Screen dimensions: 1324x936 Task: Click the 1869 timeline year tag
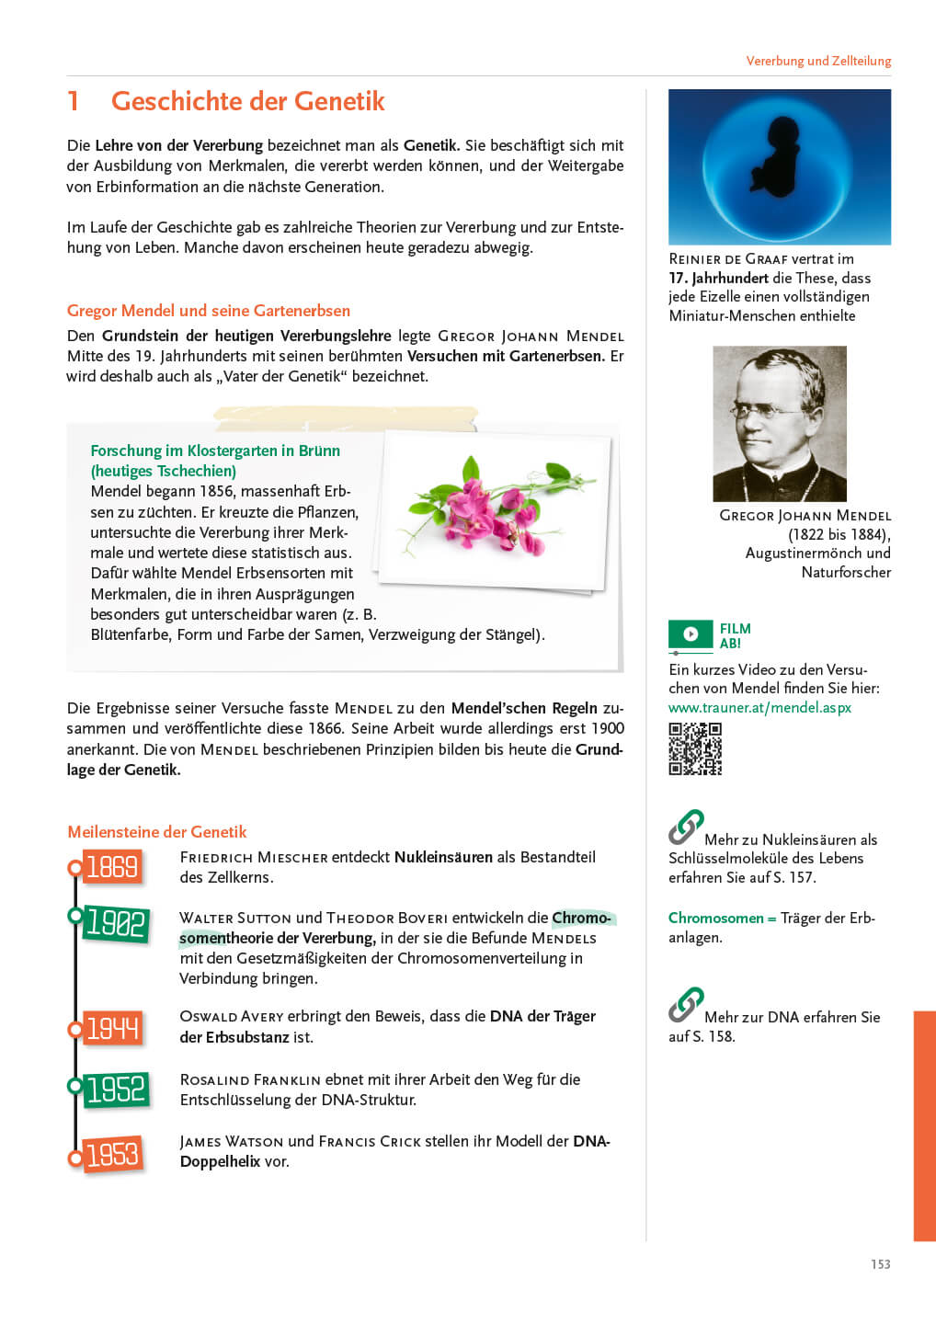coord(112,867)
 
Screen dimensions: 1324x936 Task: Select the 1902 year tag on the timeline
coord(116,922)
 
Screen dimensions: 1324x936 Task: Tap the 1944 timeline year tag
coord(112,1028)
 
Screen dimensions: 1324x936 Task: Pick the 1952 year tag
coord(116,1090)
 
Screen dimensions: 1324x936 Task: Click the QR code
coord(695,748)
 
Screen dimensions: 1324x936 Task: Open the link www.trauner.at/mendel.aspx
coord(759,708)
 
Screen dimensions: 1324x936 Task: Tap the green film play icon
coord(691,634)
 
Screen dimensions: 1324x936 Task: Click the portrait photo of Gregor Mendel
coord(780,423)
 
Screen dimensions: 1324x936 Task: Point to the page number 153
coord(880,1264)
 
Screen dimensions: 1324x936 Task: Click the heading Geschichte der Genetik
coord(247,101)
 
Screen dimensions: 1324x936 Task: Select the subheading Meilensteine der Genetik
coord(157,832)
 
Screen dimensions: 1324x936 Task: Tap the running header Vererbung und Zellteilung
coord(818,61)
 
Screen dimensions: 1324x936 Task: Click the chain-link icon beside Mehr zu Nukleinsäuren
coord(686,827)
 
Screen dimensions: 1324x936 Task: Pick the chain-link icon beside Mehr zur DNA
coord(686,1004)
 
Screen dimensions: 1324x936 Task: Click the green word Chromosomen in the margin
coord(715,918)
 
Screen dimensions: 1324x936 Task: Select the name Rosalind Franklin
coord(250,1079)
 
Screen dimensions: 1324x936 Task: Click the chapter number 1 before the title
coord(74,101)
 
